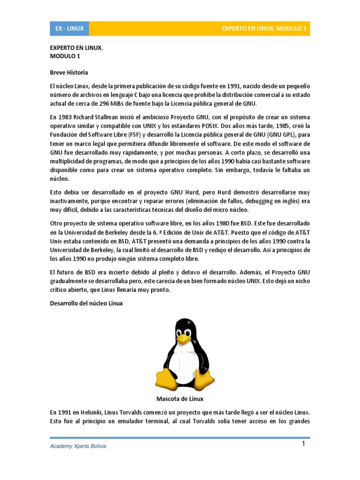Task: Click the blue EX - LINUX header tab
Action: pos(69,29)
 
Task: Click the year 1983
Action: pos(64,117)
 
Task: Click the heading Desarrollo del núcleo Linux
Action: pos(86,303)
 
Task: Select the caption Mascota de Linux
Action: pos(180,399)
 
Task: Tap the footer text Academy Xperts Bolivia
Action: pos(78,446)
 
